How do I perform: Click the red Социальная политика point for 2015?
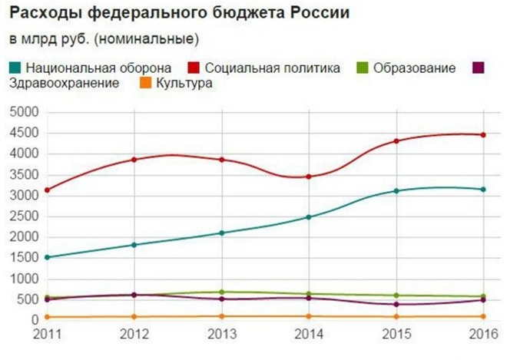(x=396, y=141)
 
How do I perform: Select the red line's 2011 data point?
(x=47, y=190)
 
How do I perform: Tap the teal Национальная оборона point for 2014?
(x=309, y=217)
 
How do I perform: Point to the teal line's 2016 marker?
(x=483, y=190)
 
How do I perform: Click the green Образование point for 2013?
(x=221, y=292)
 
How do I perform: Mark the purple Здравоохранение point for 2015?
(x=396, y=305)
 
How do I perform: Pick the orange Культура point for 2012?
(x=134, y=316)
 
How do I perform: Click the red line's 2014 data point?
(x=309, y=177)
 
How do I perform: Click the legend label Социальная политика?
(x=273, y=68)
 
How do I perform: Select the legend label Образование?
(x=414, y=68)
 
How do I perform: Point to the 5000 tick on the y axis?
(x=25, y=112)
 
